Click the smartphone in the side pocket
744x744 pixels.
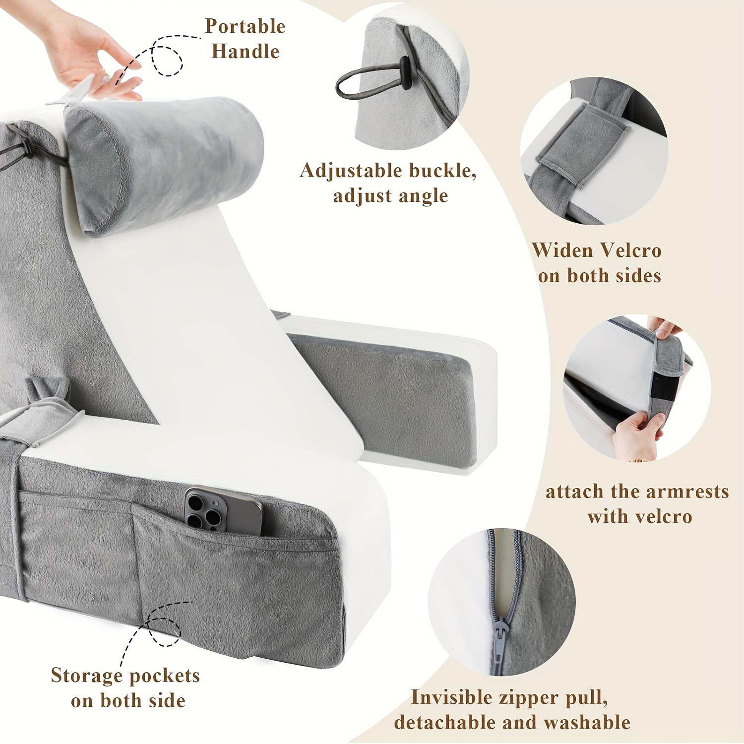(223, 511)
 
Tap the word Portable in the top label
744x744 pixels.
(245, 26)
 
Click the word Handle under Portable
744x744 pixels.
(245, 51)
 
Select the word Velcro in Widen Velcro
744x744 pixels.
(630, 250)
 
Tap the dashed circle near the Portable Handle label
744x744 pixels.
(167, 61)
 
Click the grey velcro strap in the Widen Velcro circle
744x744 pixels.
(580, 144)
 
